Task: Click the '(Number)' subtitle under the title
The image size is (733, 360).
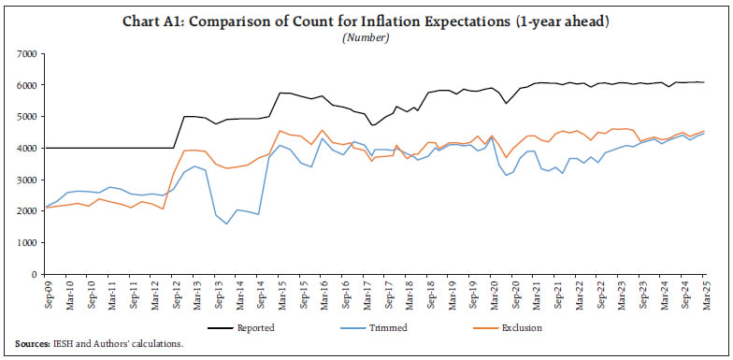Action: point(366,37)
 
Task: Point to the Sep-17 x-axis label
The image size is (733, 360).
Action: point(384,295)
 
